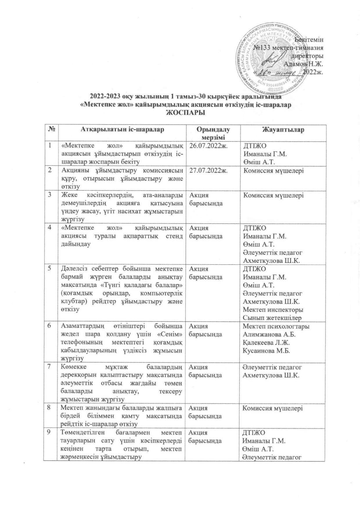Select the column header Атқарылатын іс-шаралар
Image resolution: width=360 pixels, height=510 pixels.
pyautogui.click(x=122, y=130)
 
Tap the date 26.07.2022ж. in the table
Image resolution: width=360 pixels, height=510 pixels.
pyautogui.click(x=206, y=146)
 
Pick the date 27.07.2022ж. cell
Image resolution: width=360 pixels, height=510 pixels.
pyautogui.click(x=206, y=170)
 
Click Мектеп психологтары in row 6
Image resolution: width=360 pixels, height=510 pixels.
pyautogui.click(x=276, y=326)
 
